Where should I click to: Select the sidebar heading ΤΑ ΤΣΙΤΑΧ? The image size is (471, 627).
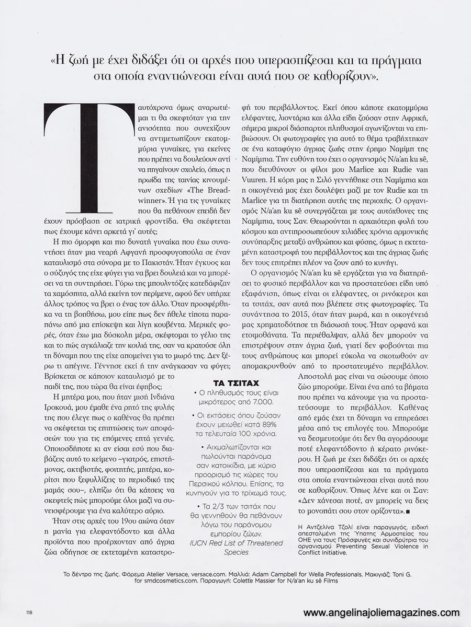pos(237,381)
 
